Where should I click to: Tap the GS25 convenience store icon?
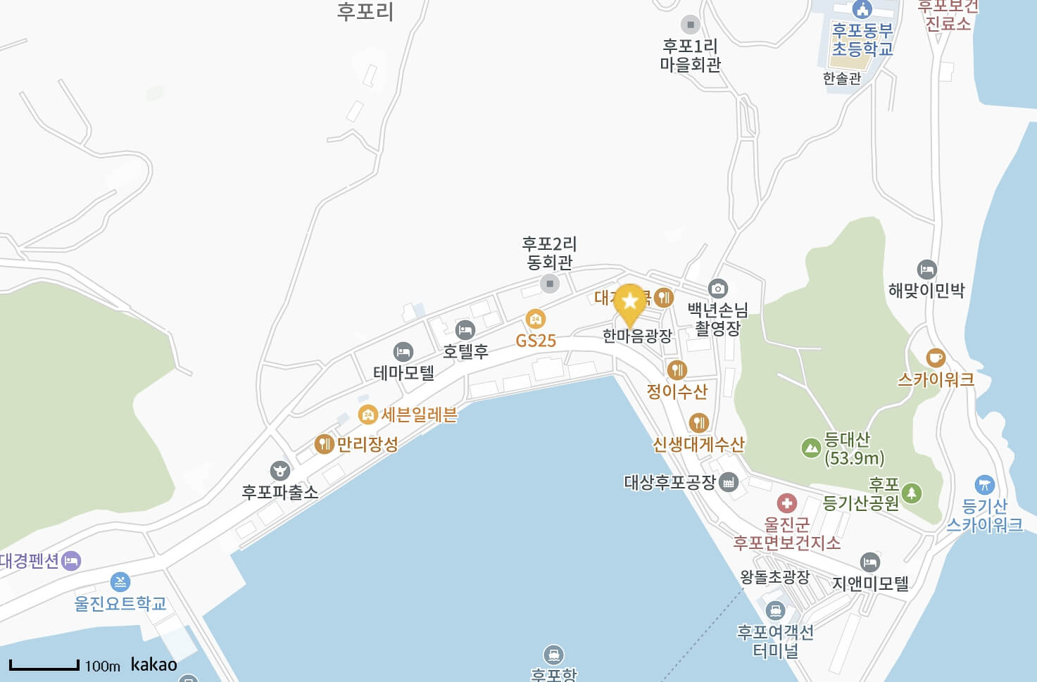(536, 319)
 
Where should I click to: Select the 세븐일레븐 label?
(419, 415)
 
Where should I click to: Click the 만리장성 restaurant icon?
(324, 443)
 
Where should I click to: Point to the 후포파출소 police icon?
(280, 470)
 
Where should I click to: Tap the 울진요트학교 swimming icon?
(120, 582)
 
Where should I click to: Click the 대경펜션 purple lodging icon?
(71, 561)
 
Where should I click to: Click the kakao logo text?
(153, 664)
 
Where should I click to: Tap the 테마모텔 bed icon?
(403, 351)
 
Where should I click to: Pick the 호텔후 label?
(465, 351)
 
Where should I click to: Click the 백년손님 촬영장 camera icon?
(717, 288)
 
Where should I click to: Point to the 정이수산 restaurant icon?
(677, 369)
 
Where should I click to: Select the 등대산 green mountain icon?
(811, 447)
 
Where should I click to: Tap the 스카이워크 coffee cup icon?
(936, 358)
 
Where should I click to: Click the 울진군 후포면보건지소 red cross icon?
(786, 503)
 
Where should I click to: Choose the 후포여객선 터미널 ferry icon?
(775, 610)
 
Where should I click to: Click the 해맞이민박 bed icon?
(926, 270)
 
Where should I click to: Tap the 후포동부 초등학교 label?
(862, 39)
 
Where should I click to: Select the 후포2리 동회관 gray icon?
(549, 284)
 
